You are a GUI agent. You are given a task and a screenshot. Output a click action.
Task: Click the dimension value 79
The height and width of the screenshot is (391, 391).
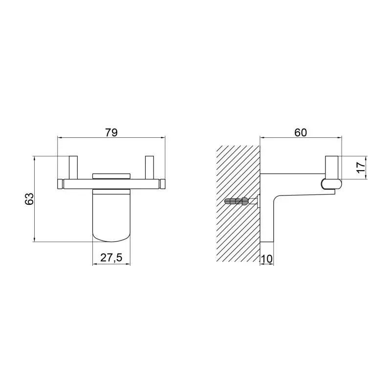point(111,132)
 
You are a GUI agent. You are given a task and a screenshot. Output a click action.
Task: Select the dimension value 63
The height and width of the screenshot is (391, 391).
point(29,199)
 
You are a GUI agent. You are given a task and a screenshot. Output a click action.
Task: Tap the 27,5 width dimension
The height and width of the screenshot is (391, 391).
point(111,258)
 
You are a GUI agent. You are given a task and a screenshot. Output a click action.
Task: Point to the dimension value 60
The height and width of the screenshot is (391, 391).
point(301,132)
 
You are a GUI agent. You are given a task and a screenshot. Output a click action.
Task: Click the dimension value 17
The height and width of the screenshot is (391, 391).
point(361,168)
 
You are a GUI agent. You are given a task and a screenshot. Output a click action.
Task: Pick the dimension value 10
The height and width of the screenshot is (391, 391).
point(266,259)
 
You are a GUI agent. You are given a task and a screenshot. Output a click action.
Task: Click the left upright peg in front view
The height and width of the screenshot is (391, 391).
point(73,168)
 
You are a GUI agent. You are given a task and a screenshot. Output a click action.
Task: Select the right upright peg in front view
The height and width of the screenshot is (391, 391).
point(150,168)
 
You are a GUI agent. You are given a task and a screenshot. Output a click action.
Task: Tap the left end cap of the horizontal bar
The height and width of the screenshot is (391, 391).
point(60,184)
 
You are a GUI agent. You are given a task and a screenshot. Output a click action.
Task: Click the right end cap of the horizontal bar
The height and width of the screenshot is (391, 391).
point(163,184)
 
